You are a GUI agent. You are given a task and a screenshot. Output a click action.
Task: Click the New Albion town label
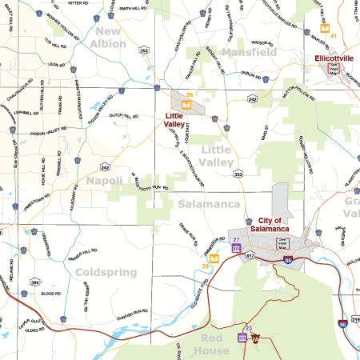click(110, 38)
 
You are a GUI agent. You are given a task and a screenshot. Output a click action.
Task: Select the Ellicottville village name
click(338, 58)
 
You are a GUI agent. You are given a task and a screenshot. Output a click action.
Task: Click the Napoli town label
click(105, 181)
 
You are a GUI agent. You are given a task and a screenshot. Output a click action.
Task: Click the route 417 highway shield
click(249, 255)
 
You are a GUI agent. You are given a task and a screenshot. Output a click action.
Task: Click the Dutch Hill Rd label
click(130, 116)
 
